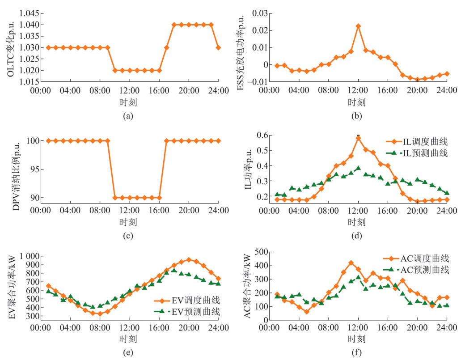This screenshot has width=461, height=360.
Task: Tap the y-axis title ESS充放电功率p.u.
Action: point(241,46)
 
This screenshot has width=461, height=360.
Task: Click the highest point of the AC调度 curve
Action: point(351,263)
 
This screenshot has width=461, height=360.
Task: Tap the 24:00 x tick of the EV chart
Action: point(218,328)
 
